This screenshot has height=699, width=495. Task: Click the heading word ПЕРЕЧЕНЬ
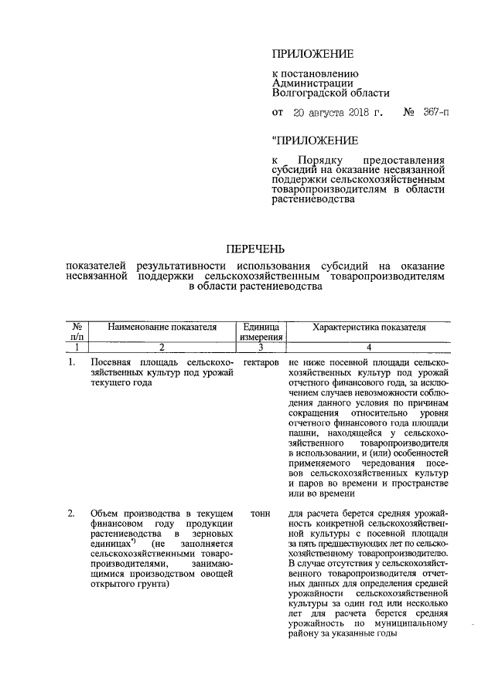(255, 249)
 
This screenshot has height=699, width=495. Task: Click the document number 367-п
(435, 113)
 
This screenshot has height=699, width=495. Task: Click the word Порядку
(325, 158)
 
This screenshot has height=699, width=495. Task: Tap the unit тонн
(260, 513)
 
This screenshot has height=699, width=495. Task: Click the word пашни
(302, 437)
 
